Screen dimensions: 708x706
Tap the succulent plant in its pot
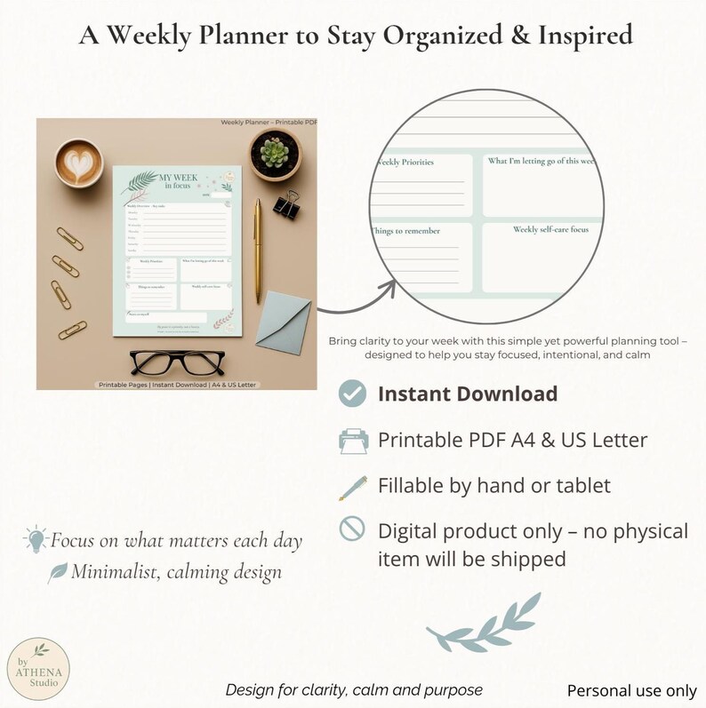274,153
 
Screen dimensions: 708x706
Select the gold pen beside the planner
259,250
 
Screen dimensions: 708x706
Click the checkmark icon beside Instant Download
353,394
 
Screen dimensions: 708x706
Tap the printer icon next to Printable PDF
353,441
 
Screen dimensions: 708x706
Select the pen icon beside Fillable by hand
353,486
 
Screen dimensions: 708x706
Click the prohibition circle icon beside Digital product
353,530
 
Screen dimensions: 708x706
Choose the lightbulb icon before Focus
36,537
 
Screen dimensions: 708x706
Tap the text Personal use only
631,690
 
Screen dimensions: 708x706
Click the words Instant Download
468,394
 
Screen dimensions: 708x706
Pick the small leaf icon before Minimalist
59,571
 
